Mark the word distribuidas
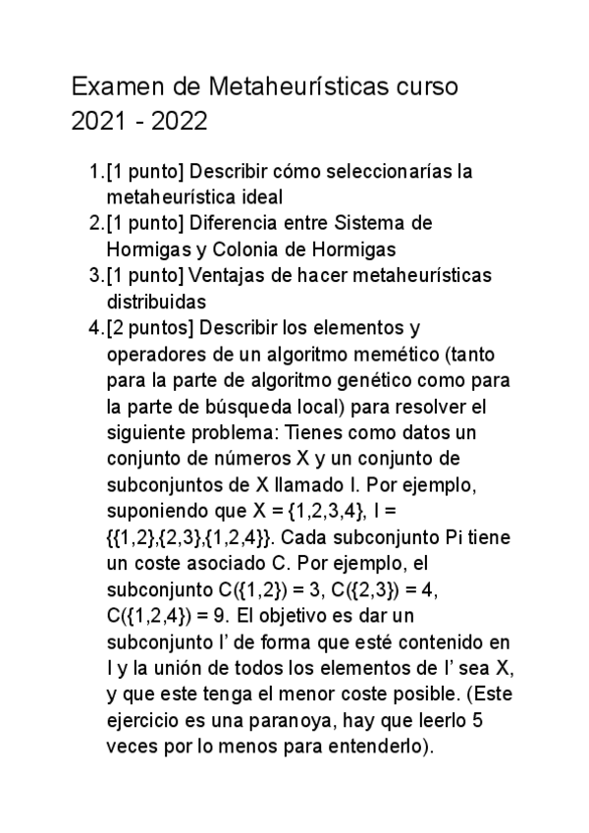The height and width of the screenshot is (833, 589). (x=155, y=300)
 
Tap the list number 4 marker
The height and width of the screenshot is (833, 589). (x=94, y=326)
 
